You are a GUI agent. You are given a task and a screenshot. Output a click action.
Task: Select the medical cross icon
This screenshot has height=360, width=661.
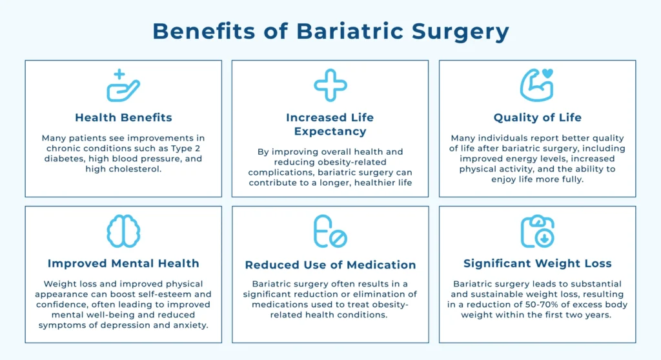coord(330,85)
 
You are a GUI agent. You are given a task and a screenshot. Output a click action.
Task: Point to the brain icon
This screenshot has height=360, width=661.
coord(123,231)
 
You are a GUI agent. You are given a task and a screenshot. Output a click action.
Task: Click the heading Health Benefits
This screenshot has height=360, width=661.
coord(123,117)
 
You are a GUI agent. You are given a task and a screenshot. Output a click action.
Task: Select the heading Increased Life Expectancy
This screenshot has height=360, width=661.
coord(330,125)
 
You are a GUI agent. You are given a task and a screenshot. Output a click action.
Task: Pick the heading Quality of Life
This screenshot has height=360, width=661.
coord(538,117)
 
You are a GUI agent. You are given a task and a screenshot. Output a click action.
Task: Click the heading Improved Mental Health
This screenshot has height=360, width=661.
coord(123,263)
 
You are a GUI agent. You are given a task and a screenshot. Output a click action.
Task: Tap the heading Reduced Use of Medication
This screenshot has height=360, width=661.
coord(330,265)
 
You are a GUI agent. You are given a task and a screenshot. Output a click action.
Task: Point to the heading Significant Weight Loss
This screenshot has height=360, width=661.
coord(538,263)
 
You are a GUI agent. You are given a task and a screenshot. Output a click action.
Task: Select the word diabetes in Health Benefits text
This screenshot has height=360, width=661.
coord(64,159)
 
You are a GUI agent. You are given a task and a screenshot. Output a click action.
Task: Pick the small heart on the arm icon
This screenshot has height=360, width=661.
coord(547,74)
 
